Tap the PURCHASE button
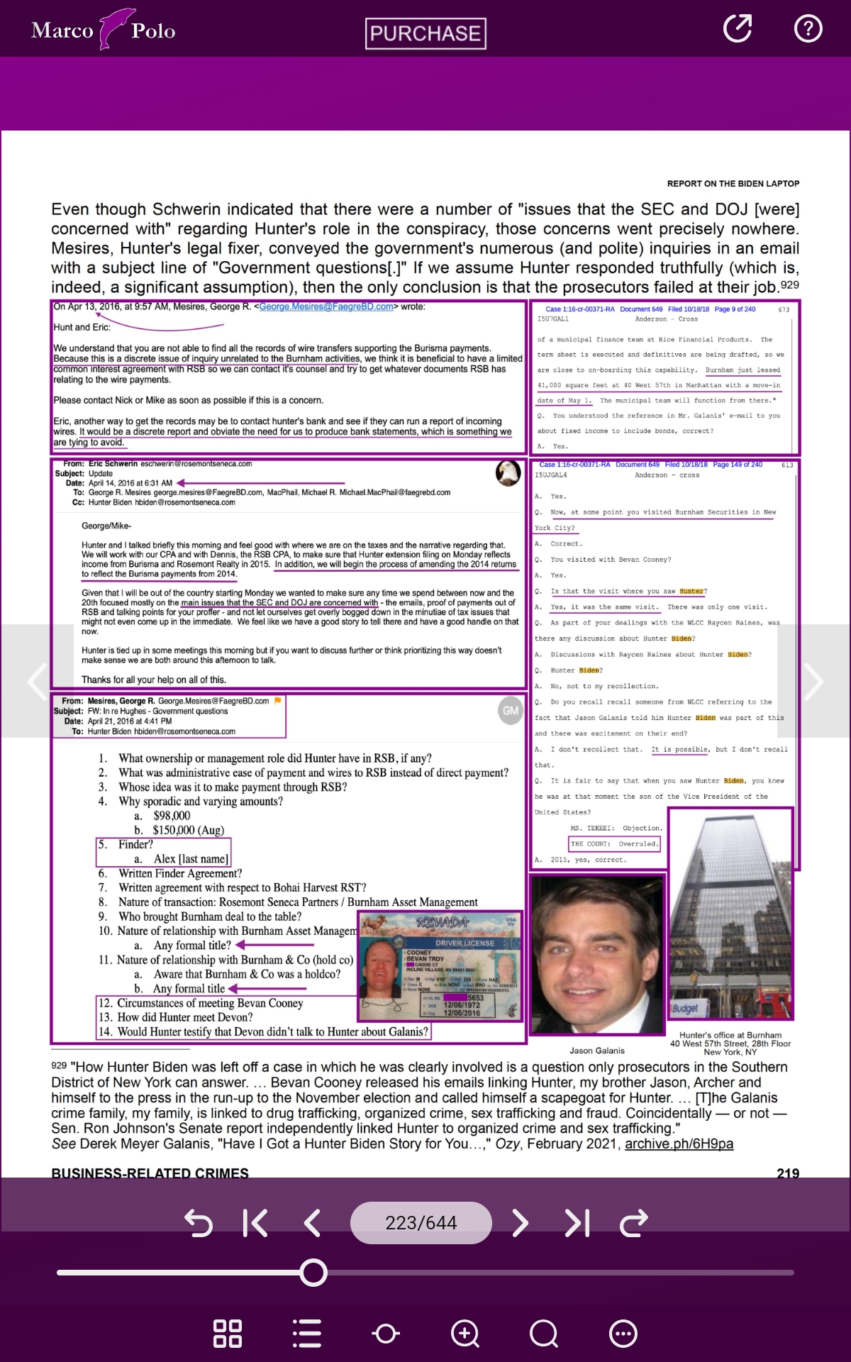tap(425, 33)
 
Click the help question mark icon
tap(808, 28)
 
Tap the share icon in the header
tap(737, 28)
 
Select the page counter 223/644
tap(421, 1223)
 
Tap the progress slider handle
tap(313, 1273)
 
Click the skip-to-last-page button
tap(577, 1223)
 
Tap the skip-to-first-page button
tap(255, 1223)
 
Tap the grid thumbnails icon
tap(228, 1334)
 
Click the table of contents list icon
tap(307, 1334)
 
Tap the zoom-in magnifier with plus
tap(465, 1334)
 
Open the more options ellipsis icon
tap(623, 1334)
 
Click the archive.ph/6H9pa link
tap(679, 1144)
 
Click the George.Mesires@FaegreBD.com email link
tap(326, 306)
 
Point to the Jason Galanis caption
tap(597, 1051)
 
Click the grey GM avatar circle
tap(511, 710)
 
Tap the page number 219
tap(788, 1173)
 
